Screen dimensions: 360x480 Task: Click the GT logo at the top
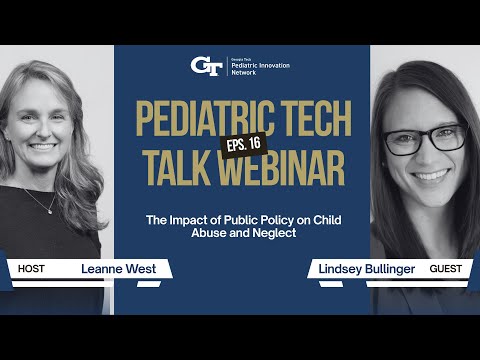pos(206,66)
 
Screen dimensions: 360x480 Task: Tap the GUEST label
pos(449,269)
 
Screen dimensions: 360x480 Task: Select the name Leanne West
pos(112,269)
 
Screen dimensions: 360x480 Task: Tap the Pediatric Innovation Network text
pos(259,66)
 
